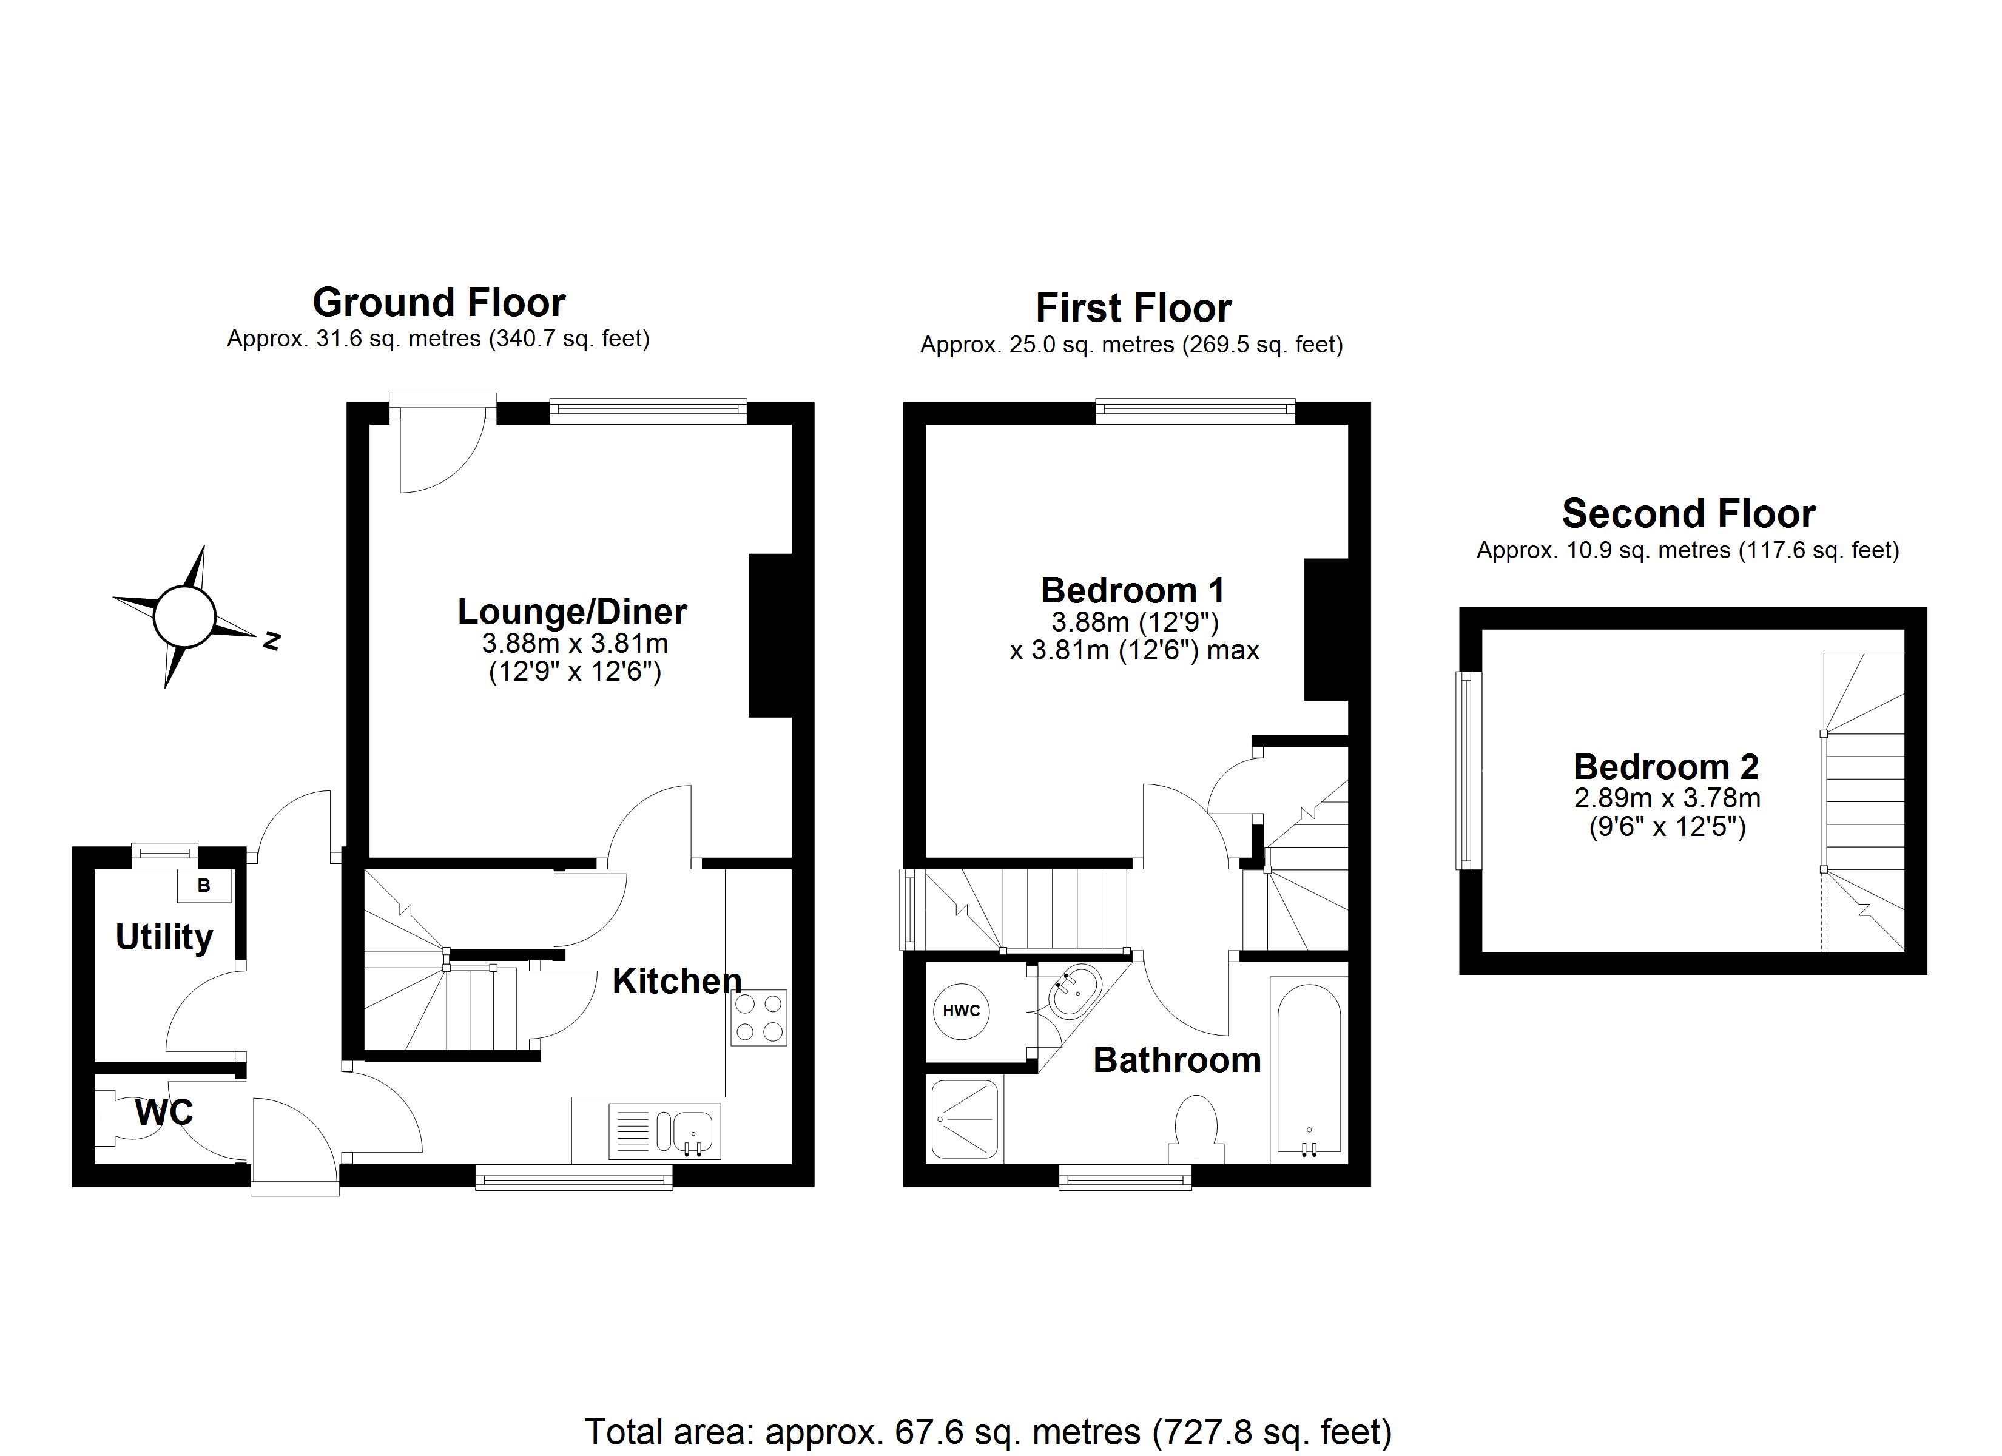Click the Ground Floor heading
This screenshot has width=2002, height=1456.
[439, 303]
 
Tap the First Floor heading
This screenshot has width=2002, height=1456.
[1133, 308]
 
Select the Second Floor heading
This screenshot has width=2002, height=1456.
[1688, 513]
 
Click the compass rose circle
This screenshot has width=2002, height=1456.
[184, 615]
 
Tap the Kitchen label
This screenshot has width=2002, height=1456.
[677, 981]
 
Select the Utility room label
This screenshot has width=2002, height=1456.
[164, 937]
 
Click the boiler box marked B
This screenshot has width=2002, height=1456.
[204, 886]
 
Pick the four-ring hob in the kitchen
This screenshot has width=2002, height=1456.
[758, 1018]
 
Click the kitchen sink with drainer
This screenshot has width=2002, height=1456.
[665, 1130]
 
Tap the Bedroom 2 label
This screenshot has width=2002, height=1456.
[1667, 766]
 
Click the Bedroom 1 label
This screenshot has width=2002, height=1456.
[1133, 590]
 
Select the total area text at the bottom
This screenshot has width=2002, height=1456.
[989, 1431]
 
